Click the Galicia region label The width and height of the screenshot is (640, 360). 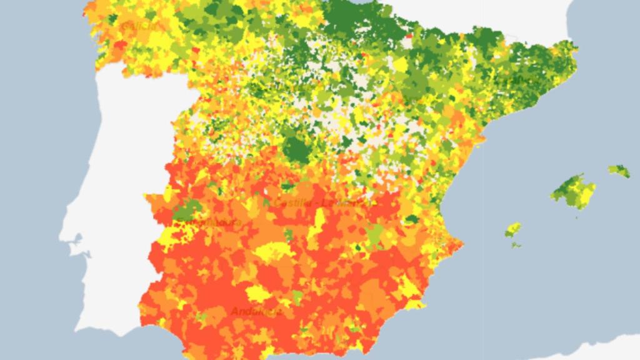click(x=141, y=26)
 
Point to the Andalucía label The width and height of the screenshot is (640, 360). click(x=256, y=311)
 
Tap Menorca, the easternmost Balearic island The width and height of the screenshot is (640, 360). click(x=619, y=171)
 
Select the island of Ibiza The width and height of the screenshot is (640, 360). click(x=513, y=229)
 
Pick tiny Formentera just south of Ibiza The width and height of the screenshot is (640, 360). click(x=516, y=244)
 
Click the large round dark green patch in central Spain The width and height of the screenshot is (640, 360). click(x=297, y=150)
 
